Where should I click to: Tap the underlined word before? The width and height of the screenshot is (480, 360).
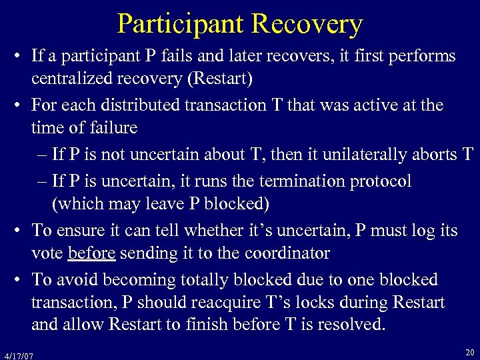(91, 253)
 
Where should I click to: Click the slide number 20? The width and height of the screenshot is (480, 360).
(470, 351)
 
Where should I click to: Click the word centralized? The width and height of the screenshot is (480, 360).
(73, 80)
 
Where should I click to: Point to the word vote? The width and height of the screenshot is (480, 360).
(47, 253)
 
